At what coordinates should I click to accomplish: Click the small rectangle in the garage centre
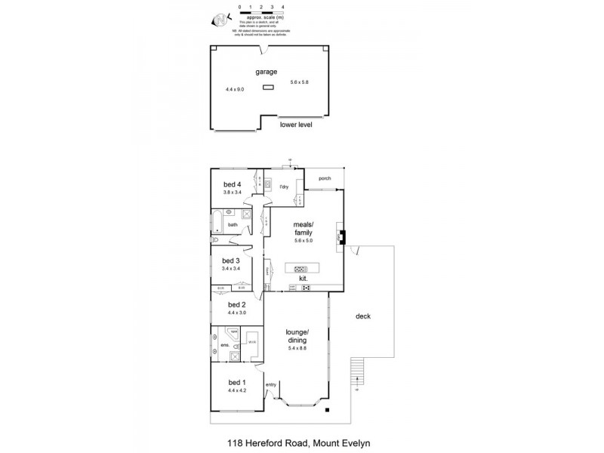(x=269, y=88)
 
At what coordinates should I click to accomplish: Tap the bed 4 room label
(x=232, y=184)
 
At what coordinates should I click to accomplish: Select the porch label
(x=325, y=180)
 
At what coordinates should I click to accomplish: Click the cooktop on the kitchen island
(x=301, y=268)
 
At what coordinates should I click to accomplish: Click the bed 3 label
(x=231, y=260)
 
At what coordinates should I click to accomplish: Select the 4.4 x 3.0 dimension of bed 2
(x=236, y=313)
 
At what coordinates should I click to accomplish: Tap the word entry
(x=270, y=386)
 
